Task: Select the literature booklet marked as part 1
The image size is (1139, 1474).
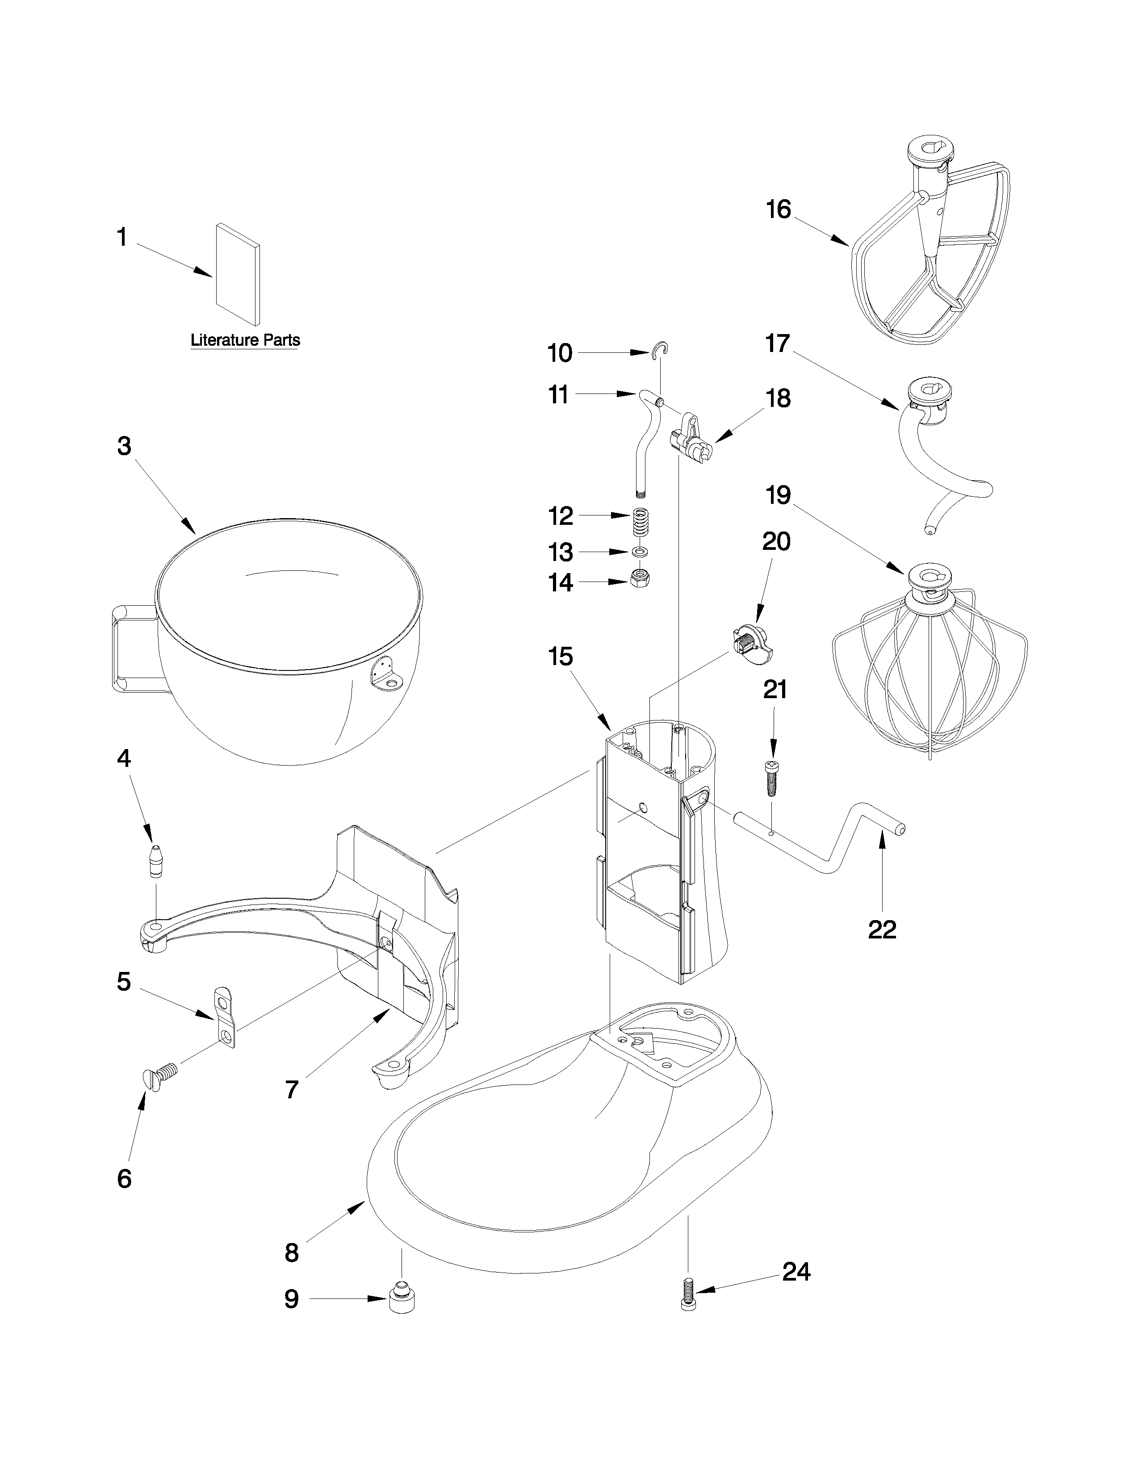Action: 238,274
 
